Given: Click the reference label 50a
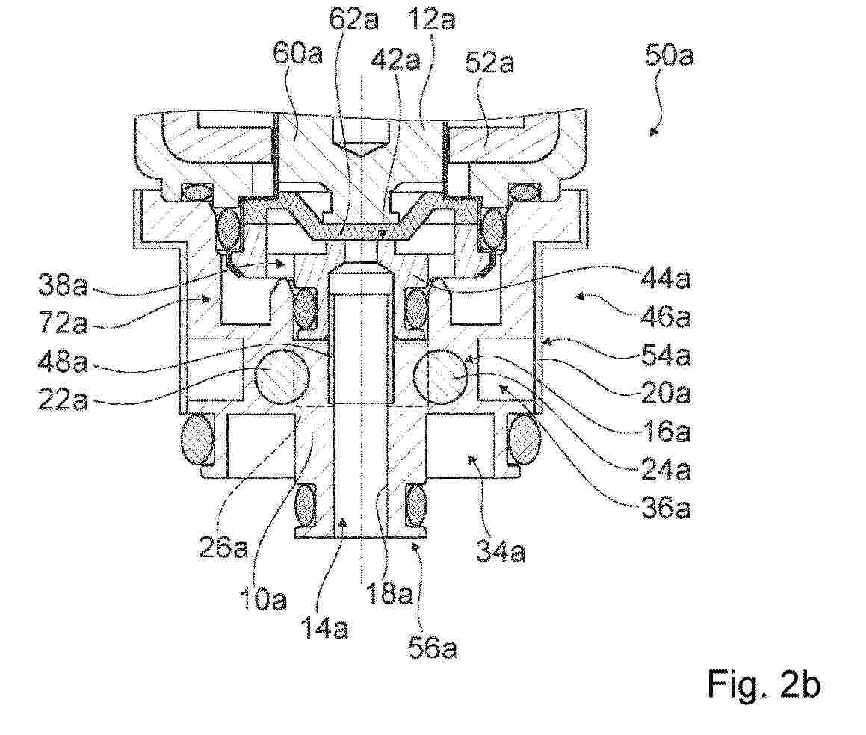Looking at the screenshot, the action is pyautogui.click(x=668, y=56).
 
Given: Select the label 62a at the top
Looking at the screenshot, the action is pyautogui.click(x=353, y=19).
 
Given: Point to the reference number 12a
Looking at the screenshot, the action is pyautogui.click(x=431, y=19).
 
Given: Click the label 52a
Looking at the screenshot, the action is pyautogui.click(x=489, y=63).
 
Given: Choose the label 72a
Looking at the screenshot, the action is pyautogui.click(x=63, y=323).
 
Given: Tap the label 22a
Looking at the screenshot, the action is pyautogui.click(x=63, y=400).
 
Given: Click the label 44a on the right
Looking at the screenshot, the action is pyautogui.click(x=666, y=279).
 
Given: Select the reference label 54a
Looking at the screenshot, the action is pyautogui.click(x=666, y=356).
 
